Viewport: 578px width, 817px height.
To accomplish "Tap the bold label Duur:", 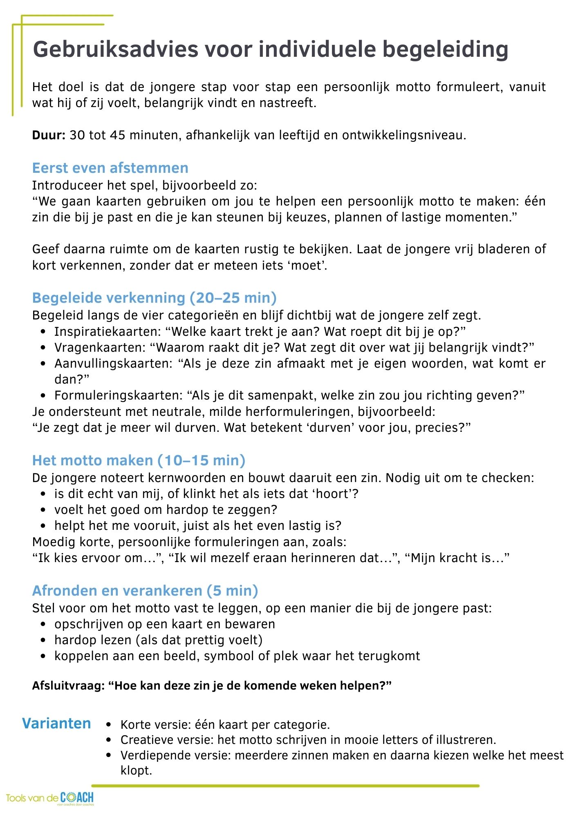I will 49,135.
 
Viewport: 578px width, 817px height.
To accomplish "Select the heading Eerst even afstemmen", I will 110,168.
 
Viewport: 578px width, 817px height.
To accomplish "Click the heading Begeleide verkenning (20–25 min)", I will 155,298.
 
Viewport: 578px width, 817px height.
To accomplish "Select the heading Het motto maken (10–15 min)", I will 139,460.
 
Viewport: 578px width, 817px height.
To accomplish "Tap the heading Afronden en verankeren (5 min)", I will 145,591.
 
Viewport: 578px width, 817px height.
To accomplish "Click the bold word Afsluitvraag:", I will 69,685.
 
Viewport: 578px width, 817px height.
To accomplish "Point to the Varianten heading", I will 56,723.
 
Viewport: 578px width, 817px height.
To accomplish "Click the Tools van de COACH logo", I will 50,798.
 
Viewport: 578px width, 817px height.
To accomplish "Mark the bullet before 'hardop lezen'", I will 44,640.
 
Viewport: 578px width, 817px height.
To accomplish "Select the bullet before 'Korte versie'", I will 108,725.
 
